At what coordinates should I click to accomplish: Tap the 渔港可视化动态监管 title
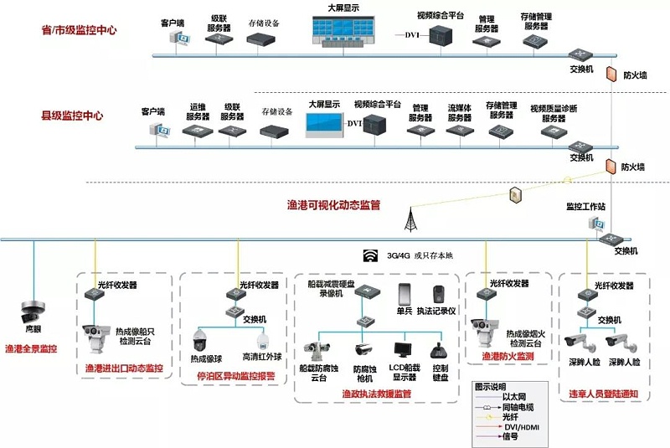[x=334, y=203]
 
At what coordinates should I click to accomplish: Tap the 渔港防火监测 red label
[x=508, y=356]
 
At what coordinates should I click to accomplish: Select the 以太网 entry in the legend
[x=513, y=397]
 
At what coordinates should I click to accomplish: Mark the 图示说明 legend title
[x=492, y=387]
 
